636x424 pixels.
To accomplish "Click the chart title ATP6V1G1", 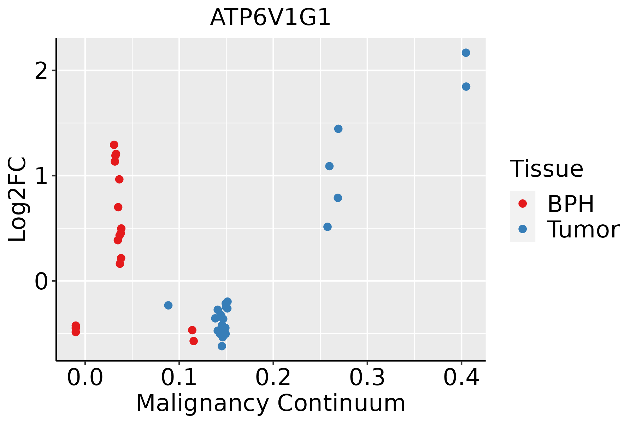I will tap(270, 18).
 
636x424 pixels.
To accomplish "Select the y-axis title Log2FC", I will tap(18, 200).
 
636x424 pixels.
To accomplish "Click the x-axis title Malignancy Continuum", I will tap(271, 404).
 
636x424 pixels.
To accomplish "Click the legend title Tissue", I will tap(547, 169).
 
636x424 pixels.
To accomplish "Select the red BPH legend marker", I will tap(522, 204).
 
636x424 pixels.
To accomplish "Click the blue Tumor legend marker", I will tap(522, 229).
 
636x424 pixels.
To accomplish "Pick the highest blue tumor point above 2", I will tap(466, 53).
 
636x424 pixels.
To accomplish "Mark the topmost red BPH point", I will tap(114, 145).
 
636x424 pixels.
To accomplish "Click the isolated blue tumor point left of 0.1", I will tap(168, 305).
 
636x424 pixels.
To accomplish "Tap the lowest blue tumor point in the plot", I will tap(222, 346).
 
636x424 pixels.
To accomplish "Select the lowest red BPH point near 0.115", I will tap(194, 341).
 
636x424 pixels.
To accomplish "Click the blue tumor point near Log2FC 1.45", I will tap(338, 129).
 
